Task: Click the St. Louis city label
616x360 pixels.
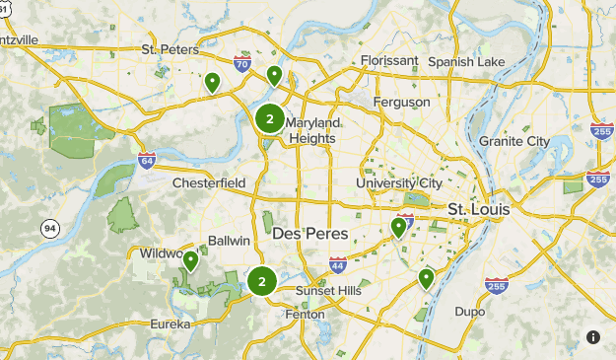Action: (477, 210)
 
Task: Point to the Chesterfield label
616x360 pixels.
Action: (208, 183)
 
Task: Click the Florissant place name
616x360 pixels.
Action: (388, 61)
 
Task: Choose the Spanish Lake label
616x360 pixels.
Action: (466, 61)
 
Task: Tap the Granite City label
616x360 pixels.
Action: (514, 141)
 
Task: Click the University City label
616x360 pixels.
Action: (400, 183)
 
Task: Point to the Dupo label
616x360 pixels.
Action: (469, 312)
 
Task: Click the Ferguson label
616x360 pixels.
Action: (401, 102)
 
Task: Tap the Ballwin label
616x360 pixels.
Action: (230, 242)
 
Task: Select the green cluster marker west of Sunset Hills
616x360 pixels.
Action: (261, 282)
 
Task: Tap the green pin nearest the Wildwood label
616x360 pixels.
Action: (190, 261)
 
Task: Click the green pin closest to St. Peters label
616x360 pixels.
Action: (212, 83)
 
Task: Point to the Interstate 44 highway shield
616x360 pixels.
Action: (338, 264)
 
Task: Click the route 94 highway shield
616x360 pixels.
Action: (49, 229)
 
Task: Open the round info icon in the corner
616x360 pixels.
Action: (593, 337)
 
